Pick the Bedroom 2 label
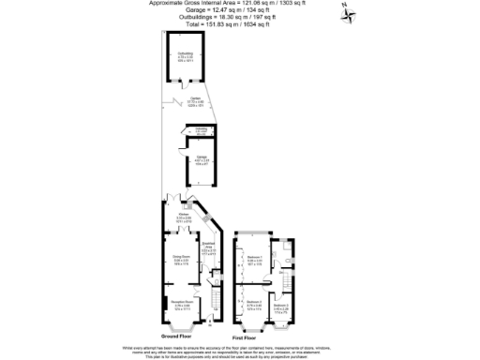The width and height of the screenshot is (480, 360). point(253,303)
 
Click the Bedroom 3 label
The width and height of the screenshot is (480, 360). point(281,306)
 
